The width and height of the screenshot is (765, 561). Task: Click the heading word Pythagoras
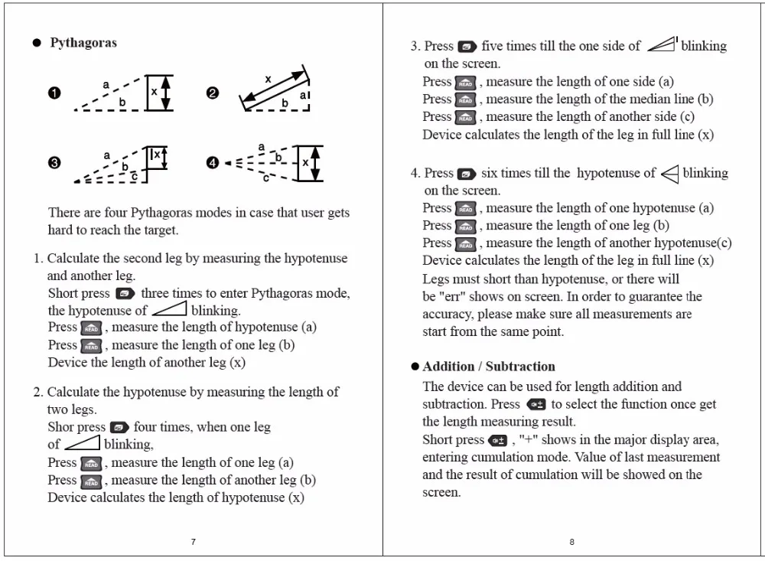pos(83,43)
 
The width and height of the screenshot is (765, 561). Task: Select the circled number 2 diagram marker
pos(213,93)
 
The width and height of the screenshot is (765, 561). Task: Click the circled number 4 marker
pos(213,163)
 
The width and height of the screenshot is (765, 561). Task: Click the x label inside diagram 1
pos(154,90)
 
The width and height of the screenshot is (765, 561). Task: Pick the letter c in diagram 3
pos(134,177)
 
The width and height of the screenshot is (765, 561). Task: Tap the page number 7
pos(193,542)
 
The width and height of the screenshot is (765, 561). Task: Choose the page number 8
pos(571,542)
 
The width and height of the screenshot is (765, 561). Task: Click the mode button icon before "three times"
pos(125,294)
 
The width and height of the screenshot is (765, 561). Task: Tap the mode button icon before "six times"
pos(466,174)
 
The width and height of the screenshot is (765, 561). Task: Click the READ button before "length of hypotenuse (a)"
pos(91,328)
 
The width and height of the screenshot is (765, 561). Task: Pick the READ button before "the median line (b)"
pos(465,100)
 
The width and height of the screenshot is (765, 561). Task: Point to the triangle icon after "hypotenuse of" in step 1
pos(169,309)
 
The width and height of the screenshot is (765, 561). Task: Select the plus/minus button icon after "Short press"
pos(498,440)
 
